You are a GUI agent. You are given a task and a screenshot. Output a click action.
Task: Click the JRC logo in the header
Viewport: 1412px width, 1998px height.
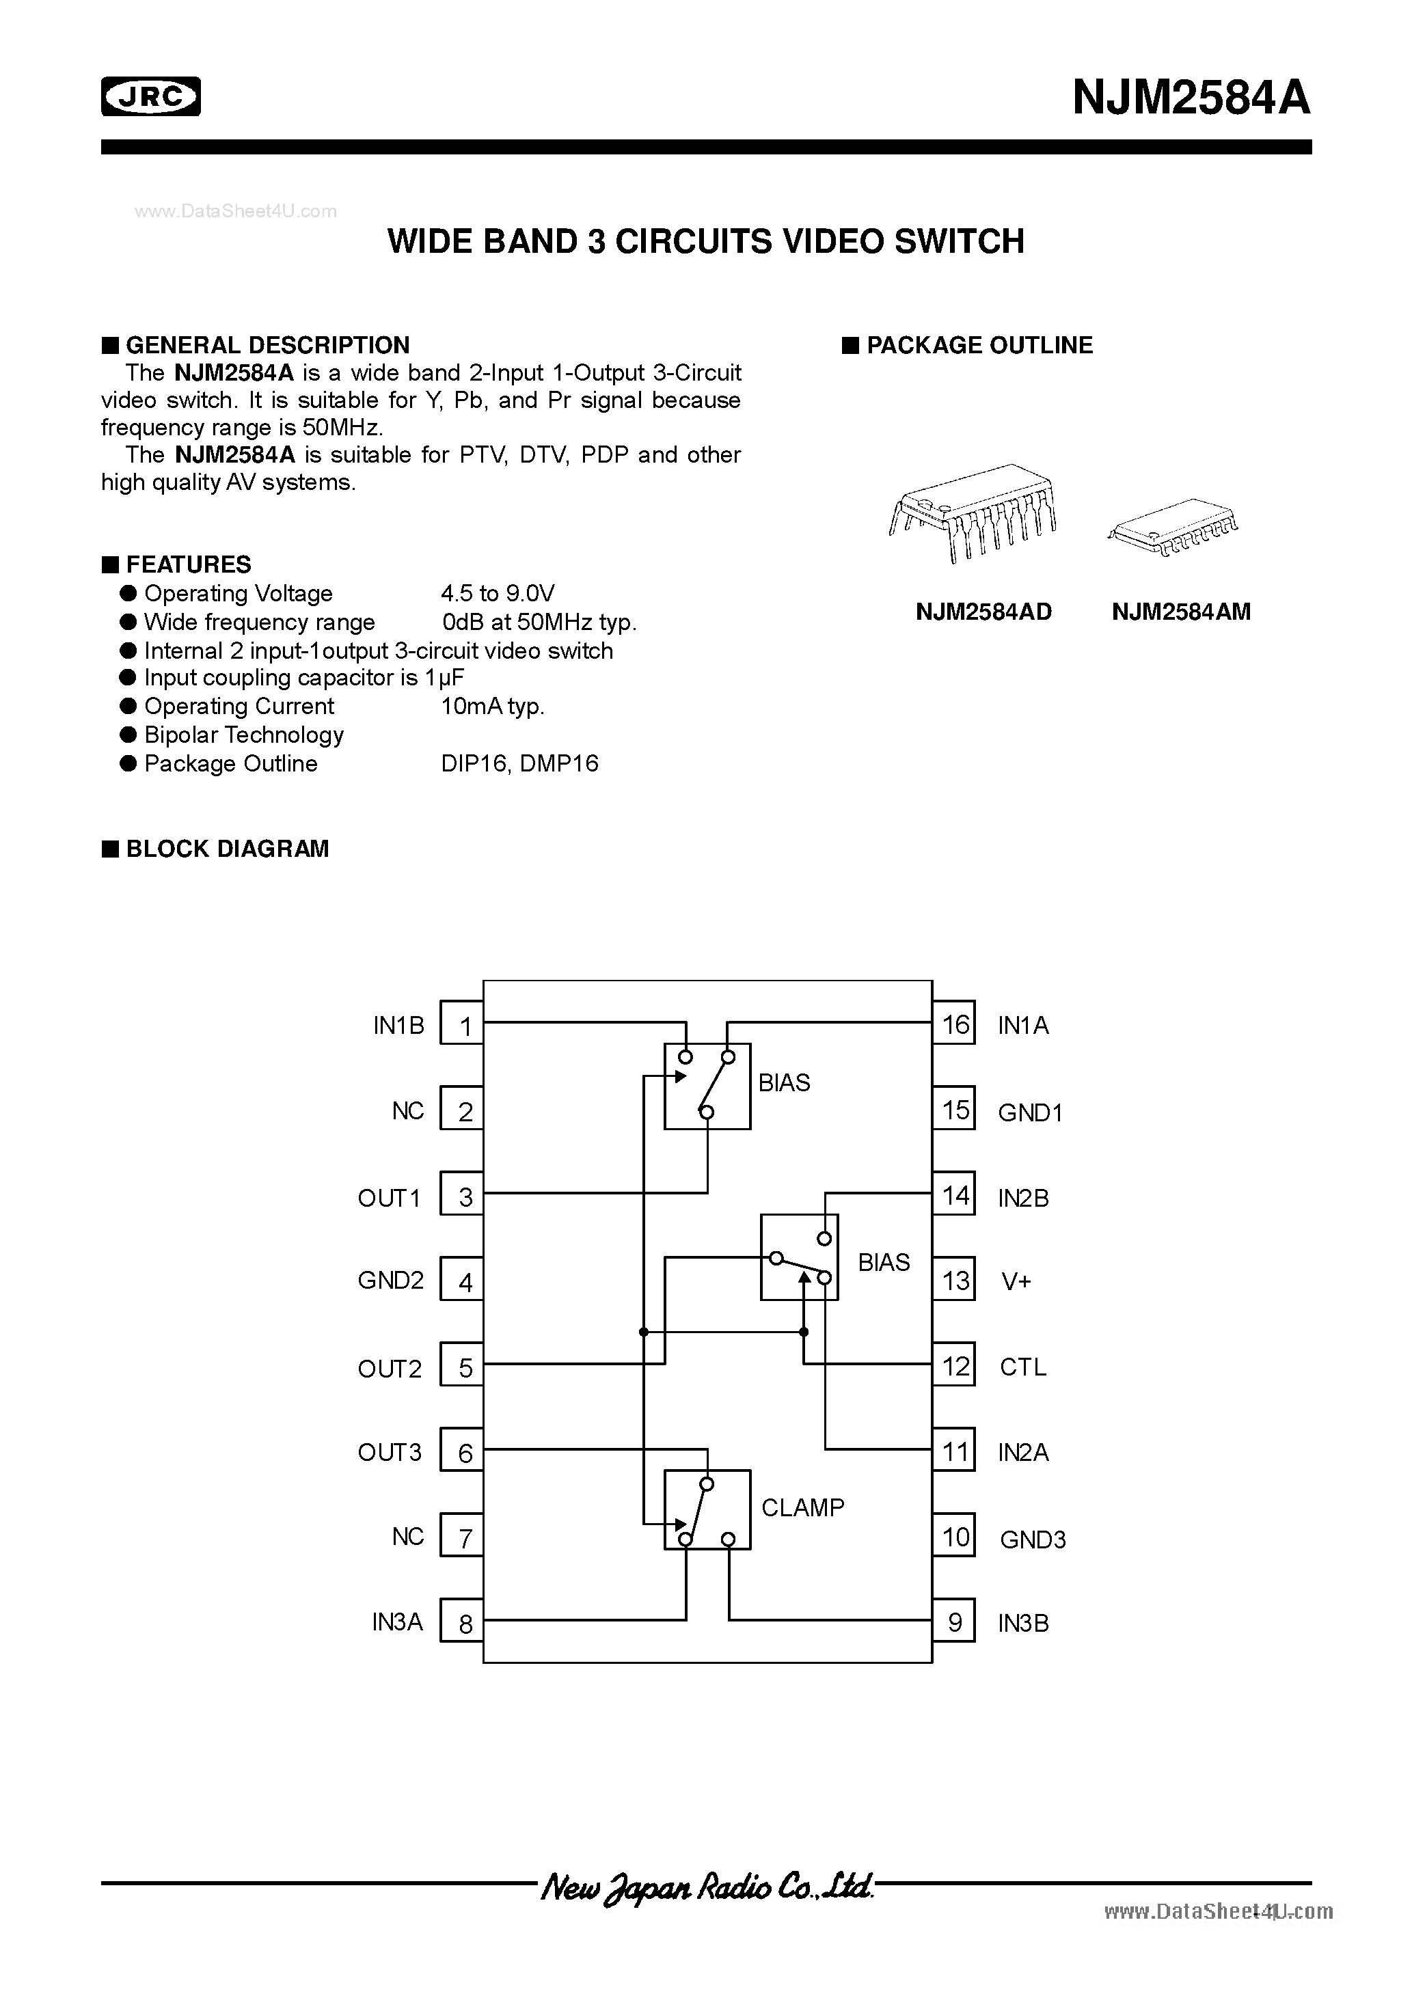(x=150, y=96)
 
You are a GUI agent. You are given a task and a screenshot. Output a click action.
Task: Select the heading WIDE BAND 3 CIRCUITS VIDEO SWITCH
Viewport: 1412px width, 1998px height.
(x=705, y=241)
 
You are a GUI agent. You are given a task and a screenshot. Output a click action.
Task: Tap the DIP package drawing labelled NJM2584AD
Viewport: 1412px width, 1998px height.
(x=973, y=512)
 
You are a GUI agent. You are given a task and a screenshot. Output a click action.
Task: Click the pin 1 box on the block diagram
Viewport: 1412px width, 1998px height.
(x=462, y=1025)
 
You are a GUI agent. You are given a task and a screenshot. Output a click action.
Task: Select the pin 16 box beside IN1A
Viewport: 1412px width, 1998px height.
(x=954, y=1024)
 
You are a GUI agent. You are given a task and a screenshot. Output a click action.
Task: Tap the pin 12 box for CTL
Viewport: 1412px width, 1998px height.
(x=954, y=1366)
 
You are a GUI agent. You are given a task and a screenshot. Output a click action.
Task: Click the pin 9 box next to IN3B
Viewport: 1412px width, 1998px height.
(x=954, y=1622)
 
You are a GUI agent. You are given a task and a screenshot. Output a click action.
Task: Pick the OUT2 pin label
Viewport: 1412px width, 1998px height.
(x=389, y=1369)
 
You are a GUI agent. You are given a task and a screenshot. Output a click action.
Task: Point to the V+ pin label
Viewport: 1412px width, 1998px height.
(x=1016, y=1281)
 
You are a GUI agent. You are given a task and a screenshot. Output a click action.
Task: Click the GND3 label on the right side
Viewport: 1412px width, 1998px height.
(x=1033, y=1539)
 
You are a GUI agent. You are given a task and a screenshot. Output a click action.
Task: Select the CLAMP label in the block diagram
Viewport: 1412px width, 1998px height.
(x=802, y=1507)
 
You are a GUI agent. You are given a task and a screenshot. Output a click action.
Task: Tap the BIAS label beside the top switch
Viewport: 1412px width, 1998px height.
(x=783, y=1082)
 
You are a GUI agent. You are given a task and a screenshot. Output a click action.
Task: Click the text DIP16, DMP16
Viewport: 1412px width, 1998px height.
(x=519, y=763)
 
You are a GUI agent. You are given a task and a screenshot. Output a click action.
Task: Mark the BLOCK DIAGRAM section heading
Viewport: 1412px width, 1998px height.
(x=227, y=849)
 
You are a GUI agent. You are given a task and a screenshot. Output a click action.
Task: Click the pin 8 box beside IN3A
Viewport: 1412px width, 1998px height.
(x=462, y=1622)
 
